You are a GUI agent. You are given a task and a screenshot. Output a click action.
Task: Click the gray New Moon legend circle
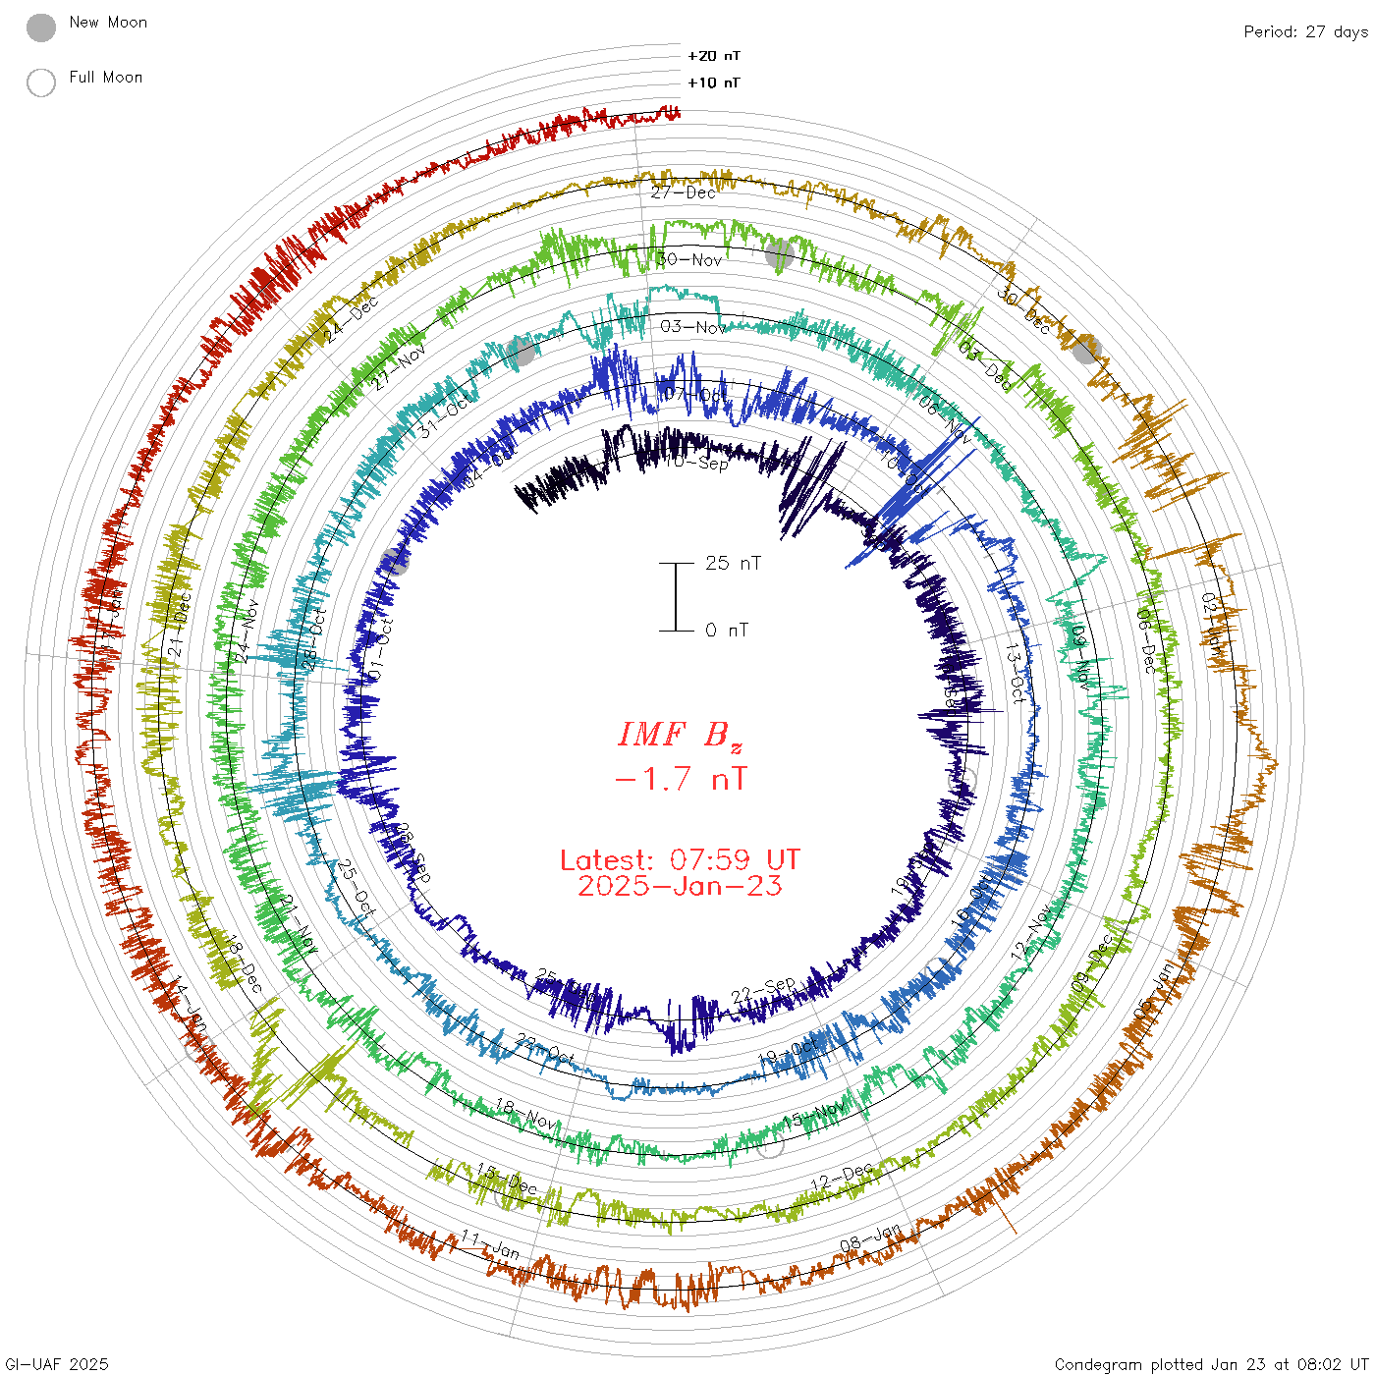pyautogui.click(x=41, y=28)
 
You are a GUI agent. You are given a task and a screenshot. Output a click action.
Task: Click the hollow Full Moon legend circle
pyautogui.click(x=41, y=82)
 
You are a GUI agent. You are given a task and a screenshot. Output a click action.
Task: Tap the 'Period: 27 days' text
pyautogui.click(x=1305, y=32)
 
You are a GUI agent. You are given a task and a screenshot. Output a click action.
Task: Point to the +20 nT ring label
pyautogui.click(x=714, y=56)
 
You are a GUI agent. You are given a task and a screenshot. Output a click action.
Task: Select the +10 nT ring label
pyautogui.click(x=714, y=82)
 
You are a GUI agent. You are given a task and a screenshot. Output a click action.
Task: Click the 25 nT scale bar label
pyautogui.click(x=733, y=563)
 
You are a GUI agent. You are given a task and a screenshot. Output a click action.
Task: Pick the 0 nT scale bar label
pyautogui.click(x=726, y=630)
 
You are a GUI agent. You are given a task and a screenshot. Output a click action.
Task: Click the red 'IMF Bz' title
pyautogui.click(x=680, y=735)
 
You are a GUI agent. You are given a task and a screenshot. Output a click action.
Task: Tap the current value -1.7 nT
pyautogui.click(x=680, y=780)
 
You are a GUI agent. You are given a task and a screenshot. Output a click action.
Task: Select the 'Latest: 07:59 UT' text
pyautogui.click(x=680, y=860)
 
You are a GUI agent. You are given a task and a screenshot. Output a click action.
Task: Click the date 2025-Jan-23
pyautogui.click(x=680, y=886)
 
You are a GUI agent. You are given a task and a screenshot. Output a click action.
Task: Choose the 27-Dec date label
pyautogui.click(x=684, y=192)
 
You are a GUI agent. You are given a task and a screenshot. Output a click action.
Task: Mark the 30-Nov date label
pyautogui.click(x=689, y=260)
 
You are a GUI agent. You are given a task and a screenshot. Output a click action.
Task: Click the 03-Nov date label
pyautogui.click(x=692, y=326)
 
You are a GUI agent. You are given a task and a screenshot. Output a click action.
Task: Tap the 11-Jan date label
pyautogui.click(x=490, y=1245)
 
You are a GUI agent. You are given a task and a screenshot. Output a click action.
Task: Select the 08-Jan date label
pyautogui.click(x=870, y=1238)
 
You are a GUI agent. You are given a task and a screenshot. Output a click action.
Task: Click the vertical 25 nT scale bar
pyautogui.click(x=676, y=596)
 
